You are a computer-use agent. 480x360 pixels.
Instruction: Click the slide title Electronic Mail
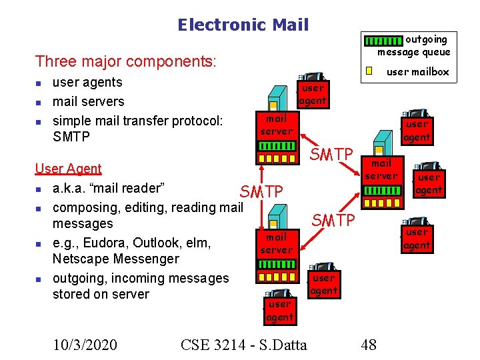[x=243, y=25]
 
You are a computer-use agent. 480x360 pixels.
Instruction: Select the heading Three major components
[x=126, y=62]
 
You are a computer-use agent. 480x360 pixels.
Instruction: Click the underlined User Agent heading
[x=68, y=169]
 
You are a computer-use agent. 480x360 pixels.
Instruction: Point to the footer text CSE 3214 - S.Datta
[x=244, y=344]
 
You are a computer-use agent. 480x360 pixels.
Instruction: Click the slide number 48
[x=368, y=344]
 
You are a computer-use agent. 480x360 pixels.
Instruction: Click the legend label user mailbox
[x=418, y=71]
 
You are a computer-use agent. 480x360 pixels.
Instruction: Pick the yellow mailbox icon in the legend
[x=369, y=71]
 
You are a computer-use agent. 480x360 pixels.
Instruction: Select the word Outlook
[x=159, y=242]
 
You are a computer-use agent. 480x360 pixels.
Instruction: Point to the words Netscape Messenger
[x=115, y=259]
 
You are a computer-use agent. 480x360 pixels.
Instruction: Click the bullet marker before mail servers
[x=39, y=102]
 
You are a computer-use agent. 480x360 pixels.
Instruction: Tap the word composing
[x=83, y=207]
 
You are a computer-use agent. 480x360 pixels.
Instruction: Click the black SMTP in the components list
[x=71, y=137]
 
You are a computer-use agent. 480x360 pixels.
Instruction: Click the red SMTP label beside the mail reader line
[x=262, y=192]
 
